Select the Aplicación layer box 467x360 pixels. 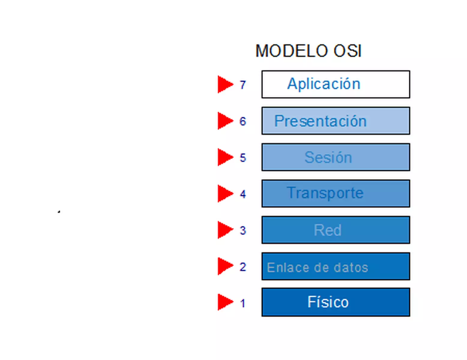(x=336, y=84)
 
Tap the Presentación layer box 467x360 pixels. (x=336, y=121)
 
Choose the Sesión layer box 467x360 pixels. (x=336, y=157)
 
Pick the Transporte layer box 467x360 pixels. (x=336, y=193)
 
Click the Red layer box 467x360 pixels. (x=336, y=230)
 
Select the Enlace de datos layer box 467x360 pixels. (x=336, y=267)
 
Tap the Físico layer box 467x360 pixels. (x=336, y=302)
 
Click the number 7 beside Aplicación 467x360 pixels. (x=243, y=85)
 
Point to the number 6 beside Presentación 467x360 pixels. (x=243, y=121)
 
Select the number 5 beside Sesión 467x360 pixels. (x=243, y=158)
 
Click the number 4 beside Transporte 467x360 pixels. (x=243, y=194)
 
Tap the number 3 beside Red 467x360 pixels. (x=243, y=230)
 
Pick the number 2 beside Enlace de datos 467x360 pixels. (x=243, y=267)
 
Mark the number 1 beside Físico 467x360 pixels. (x=243, y=303)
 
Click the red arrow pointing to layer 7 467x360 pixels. (x=224, y=84)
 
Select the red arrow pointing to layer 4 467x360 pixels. (x=224, y=193)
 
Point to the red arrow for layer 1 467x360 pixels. (x=224, y=302)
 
